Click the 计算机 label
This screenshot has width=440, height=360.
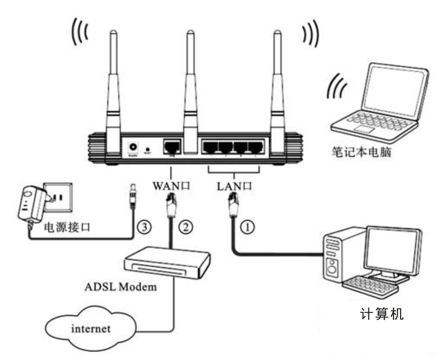coord(382,313)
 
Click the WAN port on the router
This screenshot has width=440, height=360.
coord(172,146)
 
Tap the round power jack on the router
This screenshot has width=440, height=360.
coord(133,147)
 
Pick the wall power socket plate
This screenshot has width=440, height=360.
coord(58,197)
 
